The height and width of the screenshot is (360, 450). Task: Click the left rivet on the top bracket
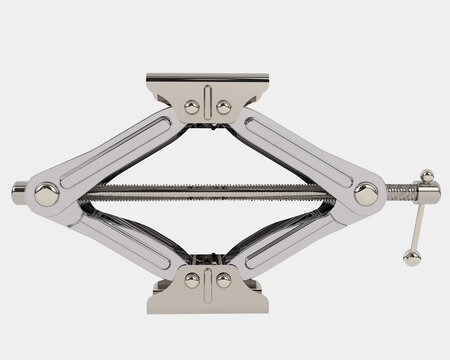point(190,106)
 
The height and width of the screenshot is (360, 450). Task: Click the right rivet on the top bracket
point(223,106)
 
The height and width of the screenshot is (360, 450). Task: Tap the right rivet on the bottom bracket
point(223,281)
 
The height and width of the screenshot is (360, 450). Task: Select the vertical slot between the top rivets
point(207,103)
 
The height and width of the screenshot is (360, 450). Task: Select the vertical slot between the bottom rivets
point(207,283)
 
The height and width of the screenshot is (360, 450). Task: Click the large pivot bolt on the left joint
point(45,194)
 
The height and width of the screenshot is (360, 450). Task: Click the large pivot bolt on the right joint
point(366,194)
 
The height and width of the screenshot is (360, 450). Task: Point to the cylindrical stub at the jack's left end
point(19,189)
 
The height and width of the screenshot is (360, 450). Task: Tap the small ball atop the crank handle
point(427,177)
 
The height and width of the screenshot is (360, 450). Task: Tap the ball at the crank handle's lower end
point(411,257)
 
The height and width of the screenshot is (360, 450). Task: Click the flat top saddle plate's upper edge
point(206,76)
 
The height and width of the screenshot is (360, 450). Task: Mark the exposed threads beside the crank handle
point(396,189)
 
